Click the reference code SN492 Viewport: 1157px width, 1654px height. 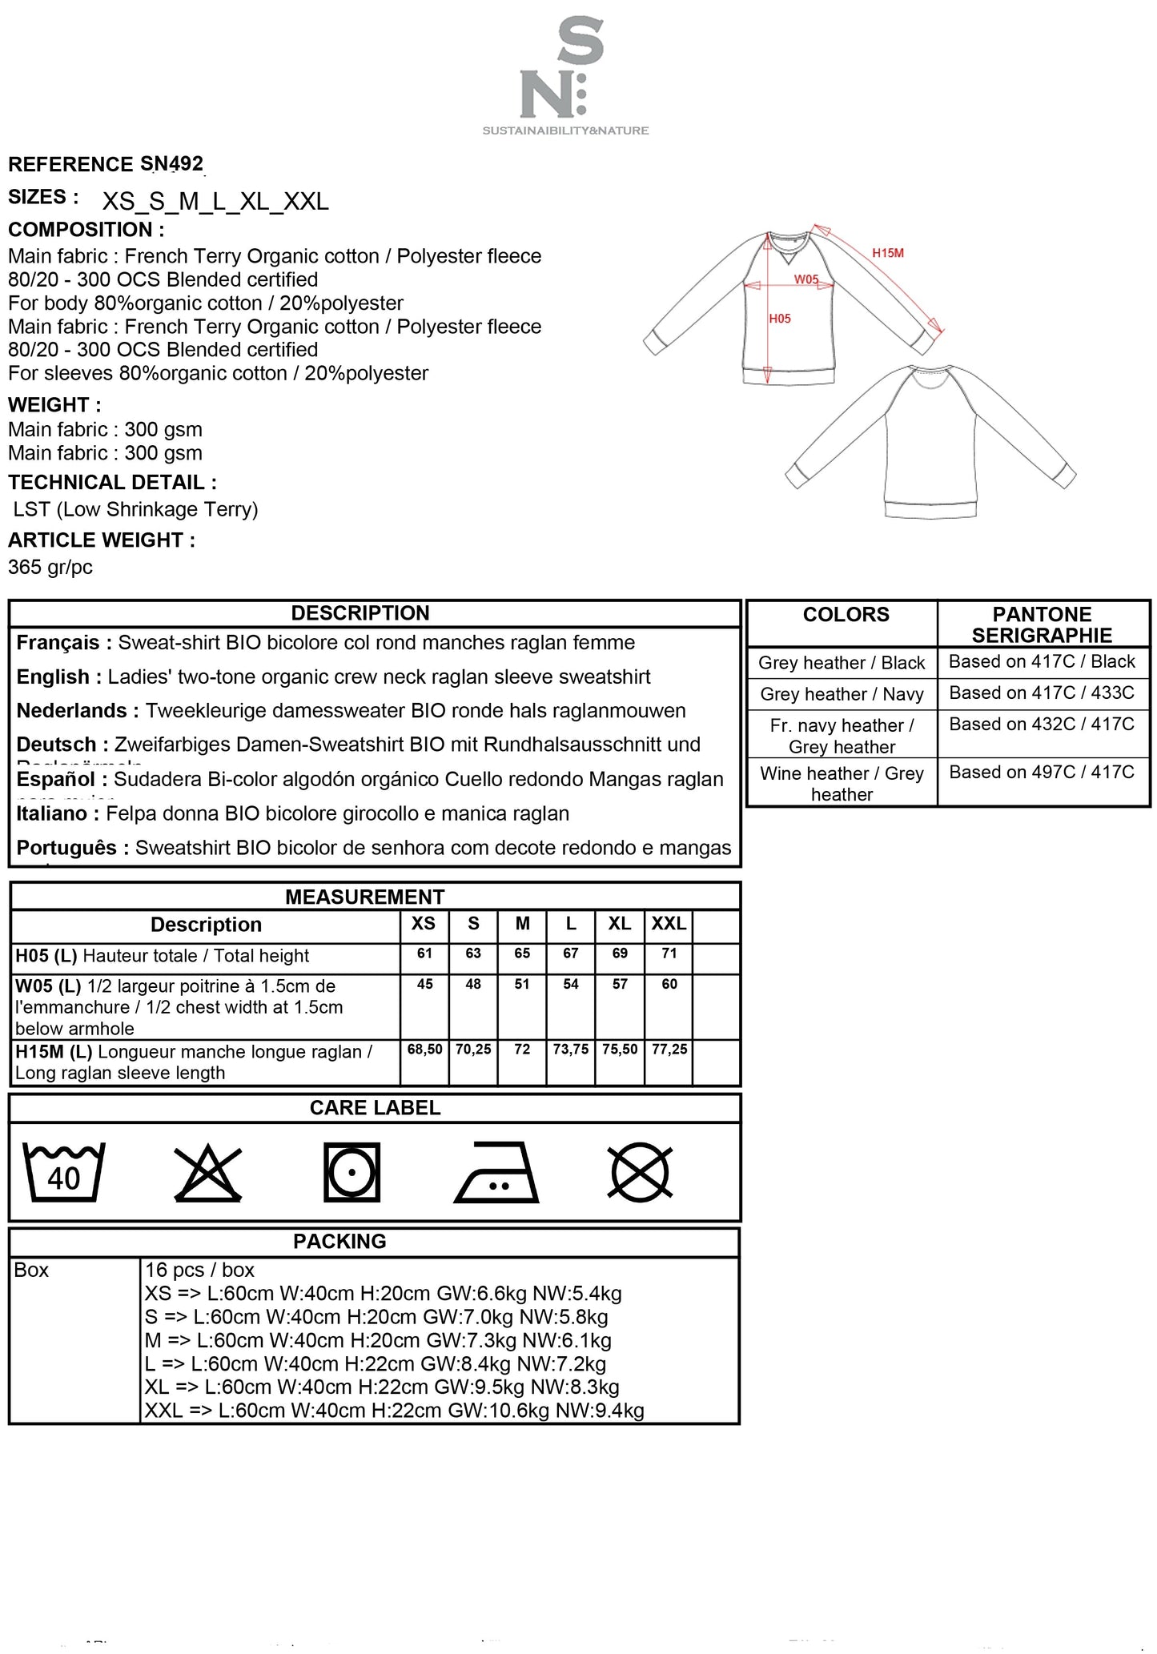(x=171, y=164)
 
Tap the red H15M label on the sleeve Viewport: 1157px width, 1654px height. (x=887, y=253)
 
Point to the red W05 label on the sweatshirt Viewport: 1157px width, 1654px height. (x=806, y=279)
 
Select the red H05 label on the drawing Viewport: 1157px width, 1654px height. (x=780, y=319)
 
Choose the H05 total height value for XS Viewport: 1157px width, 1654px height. (x=424, y=953)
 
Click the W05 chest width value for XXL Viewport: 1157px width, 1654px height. (x=669, y=984)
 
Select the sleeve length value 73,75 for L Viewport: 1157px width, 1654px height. (x=571, y=1049)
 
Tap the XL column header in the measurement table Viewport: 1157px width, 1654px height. (x=620, y=923)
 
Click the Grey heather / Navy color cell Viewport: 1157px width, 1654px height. (x=842, y=694)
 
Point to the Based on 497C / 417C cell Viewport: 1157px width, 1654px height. (x=1042, y=772)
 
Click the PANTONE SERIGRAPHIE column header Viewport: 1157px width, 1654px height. (x=1042, y=624)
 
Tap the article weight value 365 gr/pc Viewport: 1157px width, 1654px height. (x=50, y=568)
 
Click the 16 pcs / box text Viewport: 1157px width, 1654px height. (x=199, y=1270)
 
